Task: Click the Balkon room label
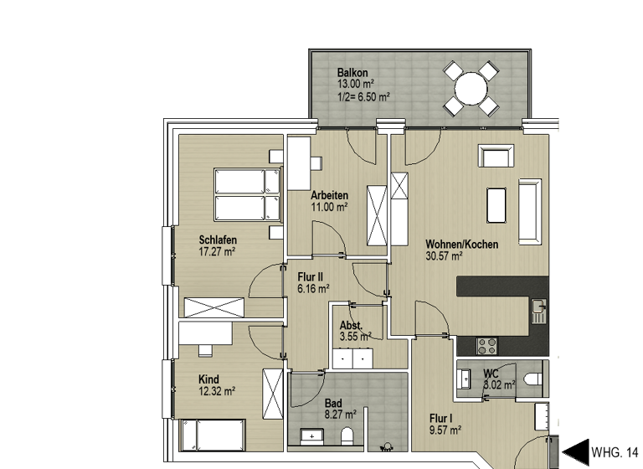coord(353,72)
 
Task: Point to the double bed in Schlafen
coord(246,194)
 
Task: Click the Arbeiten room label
coord(329,195)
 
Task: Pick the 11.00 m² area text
coord(329,206)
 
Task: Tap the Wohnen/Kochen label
coord(462,245)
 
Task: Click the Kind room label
coord(208,379)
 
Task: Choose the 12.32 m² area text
coord(217,391)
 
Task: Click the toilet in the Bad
coord(347,435)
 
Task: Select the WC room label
coord(491,374)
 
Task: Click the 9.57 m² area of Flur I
coord(445,430)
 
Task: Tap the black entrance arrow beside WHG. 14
coord(575,451)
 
